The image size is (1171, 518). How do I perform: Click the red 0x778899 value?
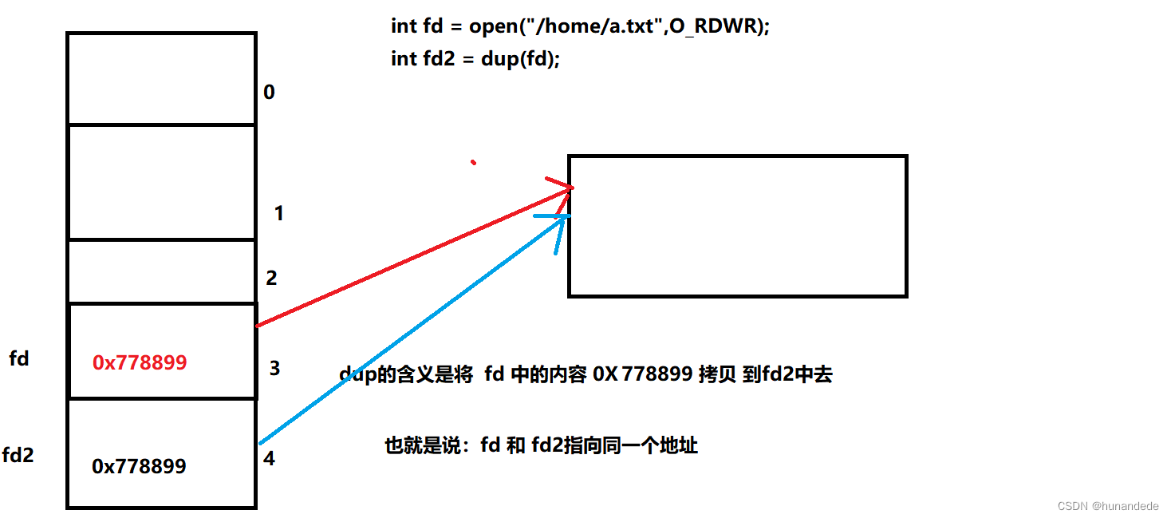coord(140,362)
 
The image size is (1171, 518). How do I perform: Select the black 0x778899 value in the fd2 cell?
coord(140,466)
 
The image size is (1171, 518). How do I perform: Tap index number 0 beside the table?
coord(269,93)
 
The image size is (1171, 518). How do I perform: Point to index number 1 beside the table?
coord(278,213)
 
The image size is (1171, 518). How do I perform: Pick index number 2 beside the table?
coord(271,278)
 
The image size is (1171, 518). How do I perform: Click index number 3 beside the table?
coord(274,369)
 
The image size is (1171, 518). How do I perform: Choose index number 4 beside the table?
coord(269,460)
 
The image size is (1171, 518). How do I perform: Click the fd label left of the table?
coord(19,359)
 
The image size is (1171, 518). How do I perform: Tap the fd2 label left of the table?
coord(18,456)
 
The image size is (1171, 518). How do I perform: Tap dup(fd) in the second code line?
coord(520,60)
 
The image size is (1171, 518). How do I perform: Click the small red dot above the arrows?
coord(474,163)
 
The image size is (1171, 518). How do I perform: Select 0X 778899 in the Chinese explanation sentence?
coord(642,374)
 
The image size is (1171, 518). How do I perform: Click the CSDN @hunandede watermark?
coord(1109,506)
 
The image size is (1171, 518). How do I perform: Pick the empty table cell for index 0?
coord(161,78)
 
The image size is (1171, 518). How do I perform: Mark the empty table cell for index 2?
coord(161,271)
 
